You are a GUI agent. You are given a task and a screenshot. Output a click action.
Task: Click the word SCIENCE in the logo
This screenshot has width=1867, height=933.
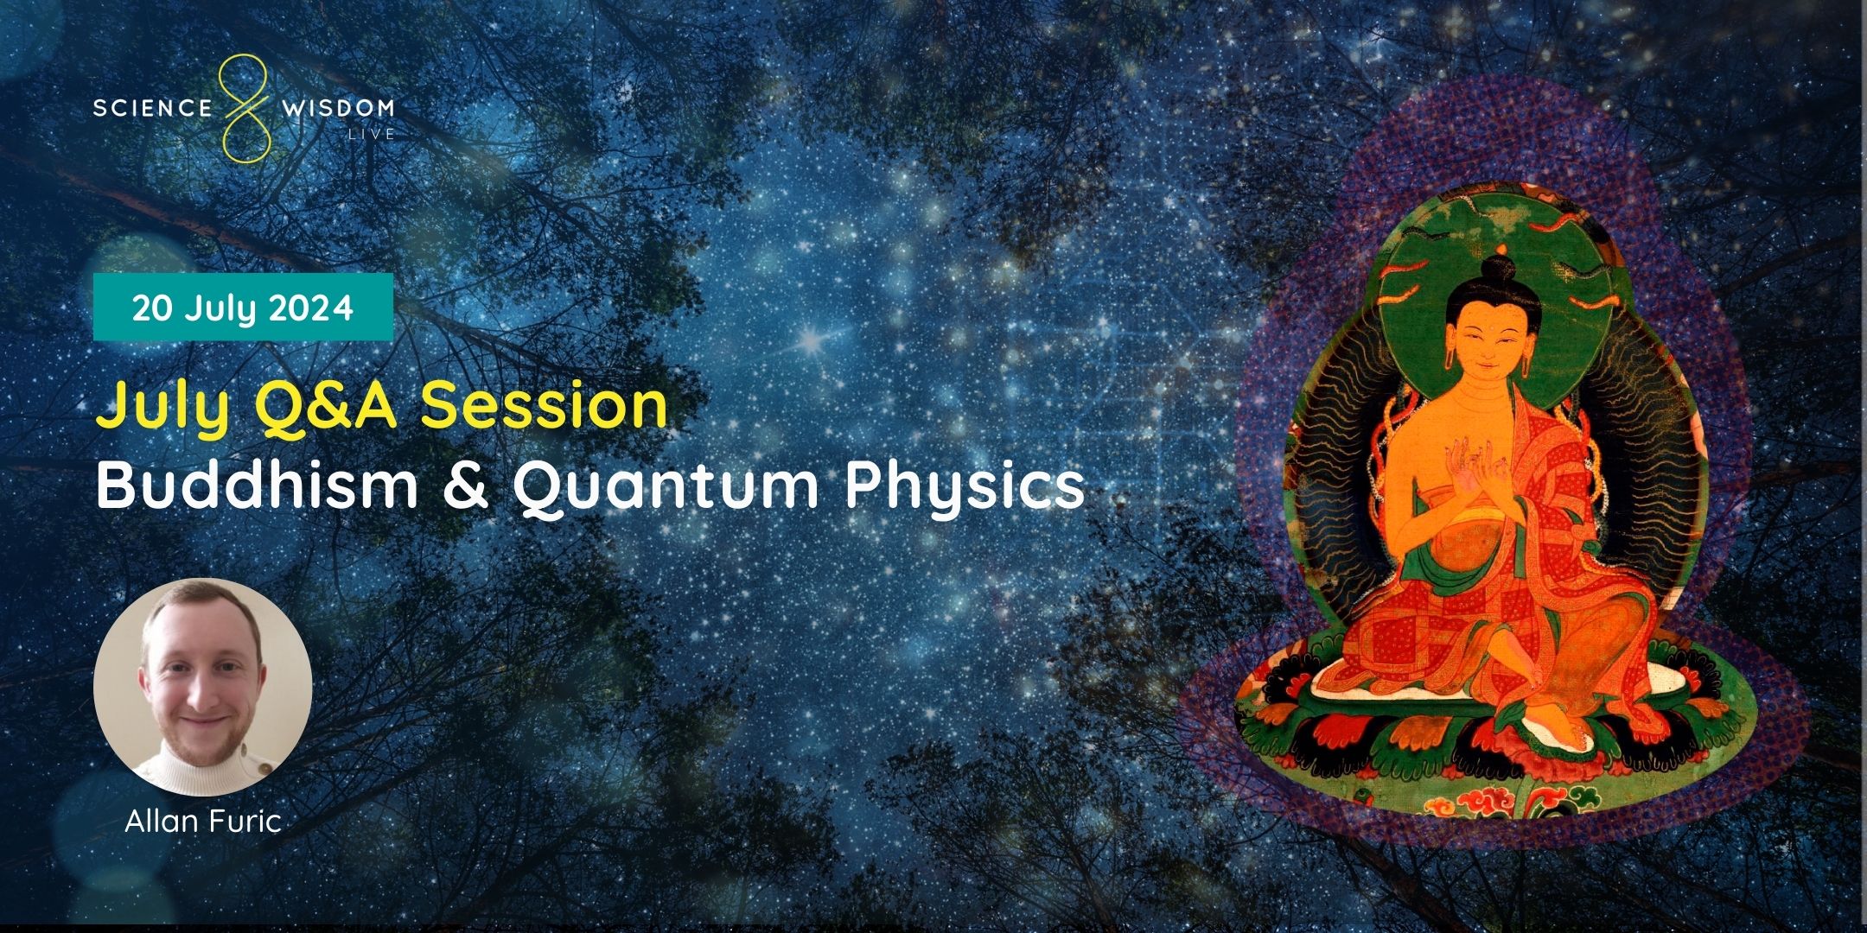pyautogui.click(x=151, y=108)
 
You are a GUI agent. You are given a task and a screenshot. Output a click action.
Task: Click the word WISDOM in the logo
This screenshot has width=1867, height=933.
pyautogui.click(x=338, y=108)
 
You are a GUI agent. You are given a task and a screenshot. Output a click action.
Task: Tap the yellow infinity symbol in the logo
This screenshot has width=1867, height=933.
pyautogui.click(x=245, y=107)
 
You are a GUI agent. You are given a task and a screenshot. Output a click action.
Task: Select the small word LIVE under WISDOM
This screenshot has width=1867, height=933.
pyautogui.click(x=371, y=134)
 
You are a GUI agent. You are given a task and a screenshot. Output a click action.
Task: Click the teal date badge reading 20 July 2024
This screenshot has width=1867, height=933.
pyautogui.click(x=243, y=308)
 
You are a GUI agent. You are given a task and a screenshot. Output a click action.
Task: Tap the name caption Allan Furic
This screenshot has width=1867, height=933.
pyautogui.click(x=203, y=820)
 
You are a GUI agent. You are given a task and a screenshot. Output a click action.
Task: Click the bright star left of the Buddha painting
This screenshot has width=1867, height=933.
pyautogui.click(x=810, y=340)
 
